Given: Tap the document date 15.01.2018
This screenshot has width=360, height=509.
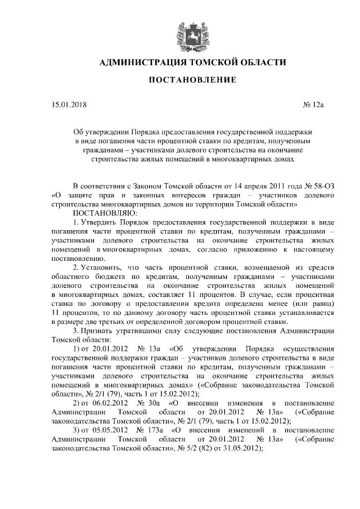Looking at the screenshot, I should point(69,104).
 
